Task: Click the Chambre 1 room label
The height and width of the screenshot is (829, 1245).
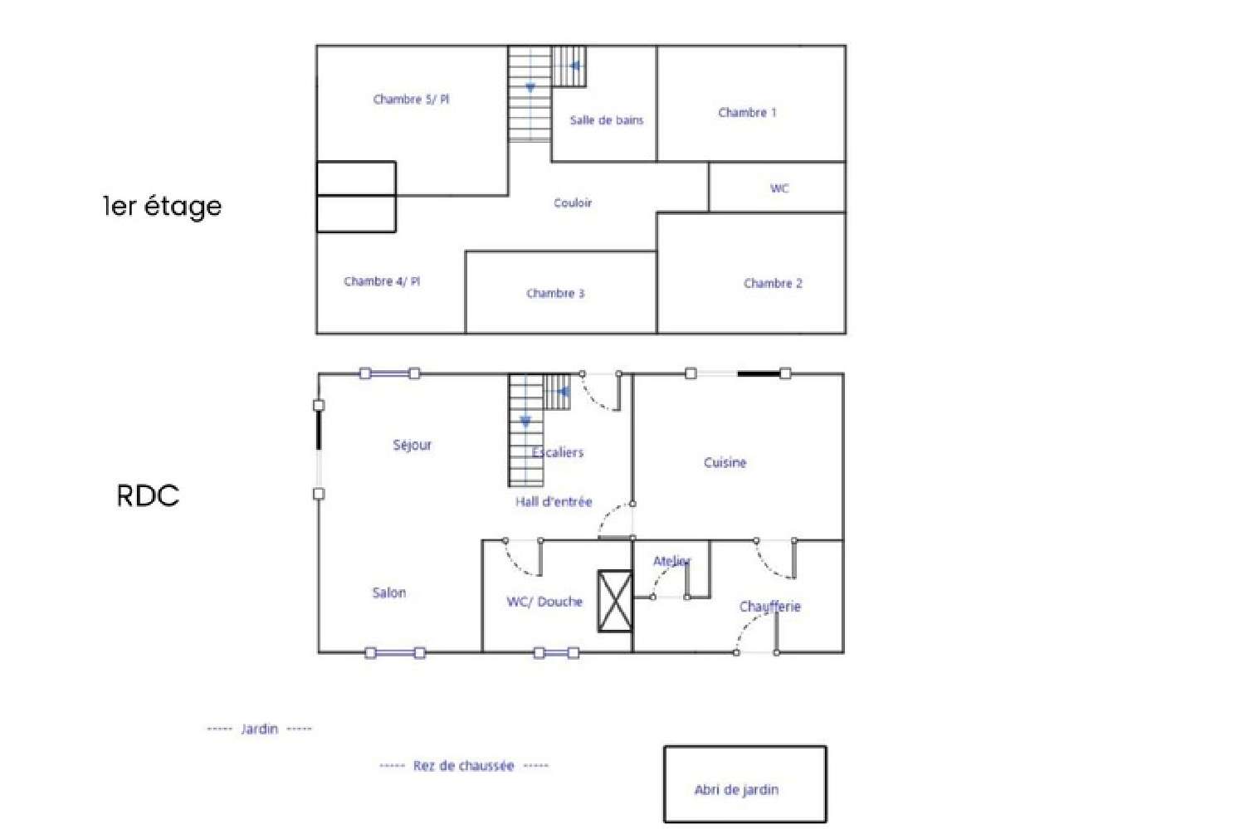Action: pyautogui.click(x=747, y=113)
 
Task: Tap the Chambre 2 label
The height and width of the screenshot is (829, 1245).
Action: pyautogui.click(x=773, y=284)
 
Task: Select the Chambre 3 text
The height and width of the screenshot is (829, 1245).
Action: pyautogui.click(x=555, y=294)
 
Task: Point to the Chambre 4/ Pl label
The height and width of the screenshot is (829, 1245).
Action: pyautogui.click(x=382, y=282)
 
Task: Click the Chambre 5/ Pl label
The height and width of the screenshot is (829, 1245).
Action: pyautogui.click(x=411, y=100)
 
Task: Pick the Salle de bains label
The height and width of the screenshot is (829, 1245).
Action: pyautogui.click(x=606, y=120)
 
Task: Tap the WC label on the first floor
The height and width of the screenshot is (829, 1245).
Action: pyautogui.click(x=779, y=188)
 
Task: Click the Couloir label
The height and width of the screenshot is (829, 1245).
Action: pyautogui.click(x=573, y=203)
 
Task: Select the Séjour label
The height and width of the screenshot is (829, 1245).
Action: pyautogui.click(x=412, y=446)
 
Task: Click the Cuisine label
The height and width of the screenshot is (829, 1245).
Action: pyautogui.click(x=725, y=463)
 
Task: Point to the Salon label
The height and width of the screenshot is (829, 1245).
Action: pyautogui.click(x=388, y=593)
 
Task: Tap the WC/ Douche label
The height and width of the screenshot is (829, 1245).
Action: pyautogui.click(x=544, y=602)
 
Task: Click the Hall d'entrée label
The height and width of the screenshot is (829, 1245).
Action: pyautogui.click(x=554, y=502)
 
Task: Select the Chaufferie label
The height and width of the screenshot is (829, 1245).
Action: pyautogui.click(x=769, y=607)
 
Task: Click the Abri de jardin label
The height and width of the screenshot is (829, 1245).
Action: pyautogui.click(x=736, y=790)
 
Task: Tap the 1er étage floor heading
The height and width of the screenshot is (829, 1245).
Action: pyautogui.click(x=163, y=206)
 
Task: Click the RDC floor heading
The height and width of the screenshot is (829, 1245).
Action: pyautogui.click(x=148, y=496)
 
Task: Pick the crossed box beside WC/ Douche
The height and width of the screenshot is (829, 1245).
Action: pyautogui.click(x=615, y=602)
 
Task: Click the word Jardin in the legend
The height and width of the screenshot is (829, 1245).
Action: pyautogui.click(x=259, y=729)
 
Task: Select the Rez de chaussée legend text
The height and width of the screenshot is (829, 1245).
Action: pyautogui.click(x=463, y=766)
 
